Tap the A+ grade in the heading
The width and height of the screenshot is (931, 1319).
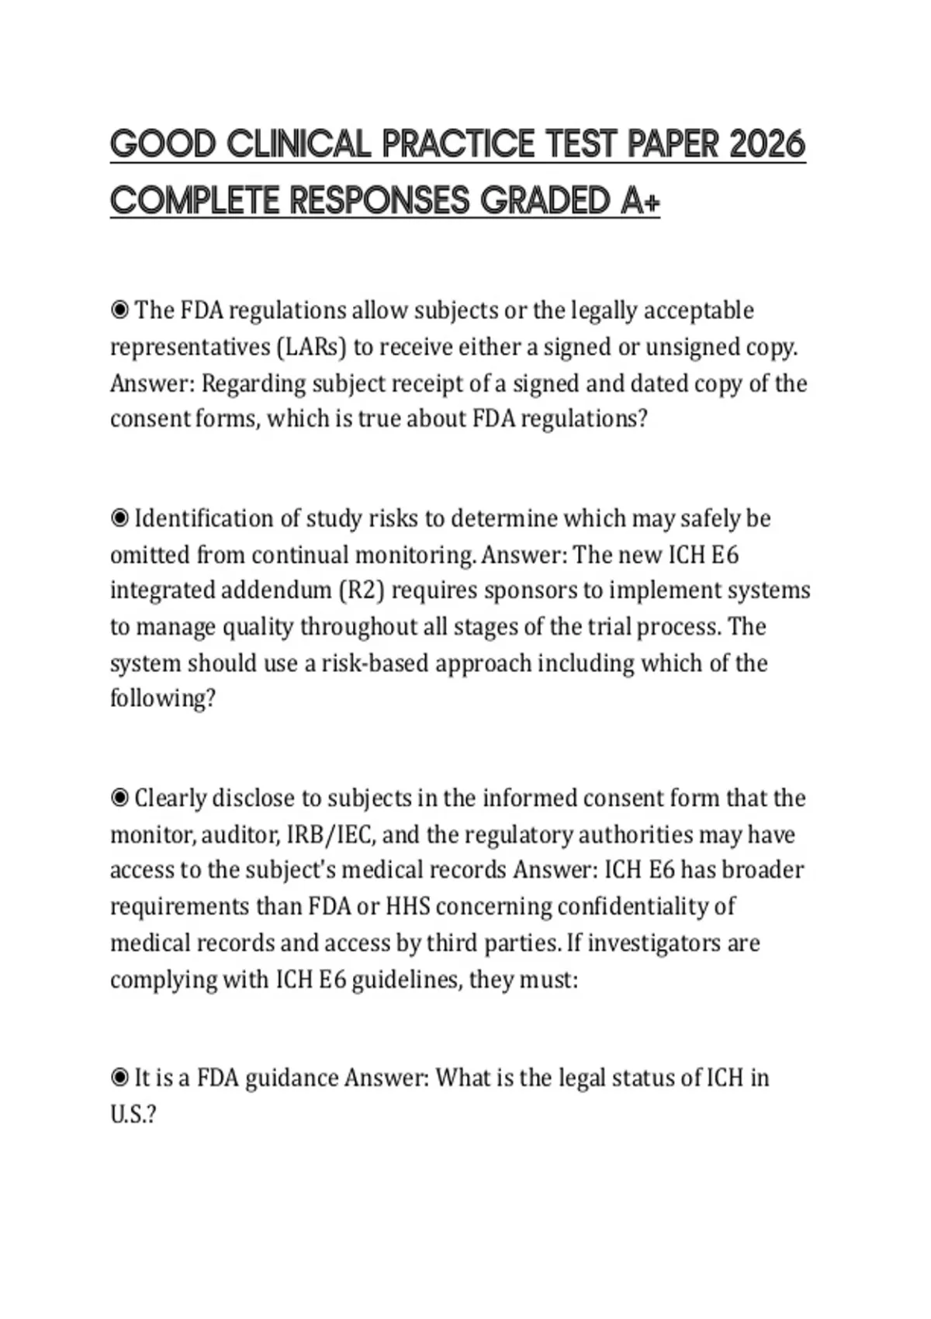641,202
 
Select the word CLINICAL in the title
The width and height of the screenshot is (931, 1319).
298,144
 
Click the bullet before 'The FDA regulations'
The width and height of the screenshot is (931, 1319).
119,310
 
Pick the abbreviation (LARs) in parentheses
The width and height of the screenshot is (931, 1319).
310,347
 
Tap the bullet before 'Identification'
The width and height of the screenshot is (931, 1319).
119,518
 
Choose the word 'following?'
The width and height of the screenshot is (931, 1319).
162,698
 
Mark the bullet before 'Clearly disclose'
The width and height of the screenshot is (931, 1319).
119,798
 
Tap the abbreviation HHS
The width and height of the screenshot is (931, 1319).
409,906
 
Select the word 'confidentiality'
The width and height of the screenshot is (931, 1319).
646,906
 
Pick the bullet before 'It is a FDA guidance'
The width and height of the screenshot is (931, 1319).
119,1078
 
